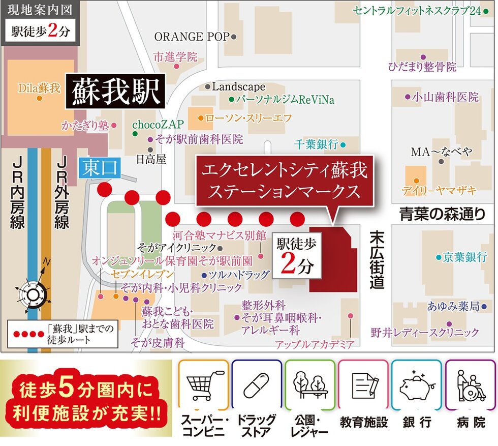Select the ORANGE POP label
192,37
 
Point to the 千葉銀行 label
316,144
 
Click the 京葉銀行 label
464,257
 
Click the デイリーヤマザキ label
439,191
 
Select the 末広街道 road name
377,259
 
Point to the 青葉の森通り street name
442,214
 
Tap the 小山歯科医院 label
445,96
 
